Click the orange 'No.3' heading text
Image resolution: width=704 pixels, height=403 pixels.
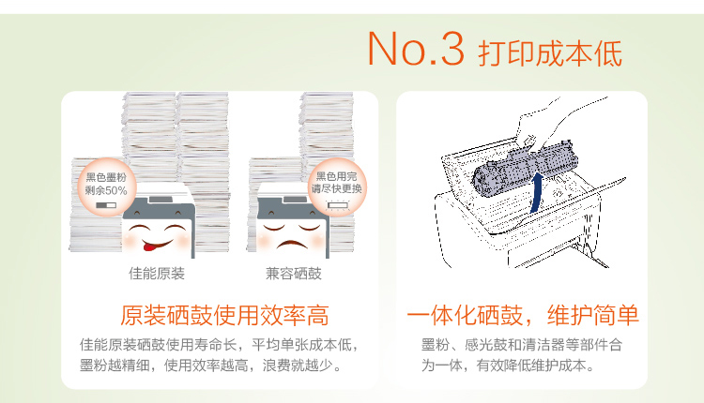coord(416,49)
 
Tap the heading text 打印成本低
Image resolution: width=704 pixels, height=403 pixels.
coord(550,53)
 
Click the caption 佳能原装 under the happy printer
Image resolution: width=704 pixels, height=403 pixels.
coord(157,274)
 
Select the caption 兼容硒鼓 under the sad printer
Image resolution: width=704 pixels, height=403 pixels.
coord(294,274)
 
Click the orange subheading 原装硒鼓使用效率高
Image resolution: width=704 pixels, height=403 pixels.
coord(224,315)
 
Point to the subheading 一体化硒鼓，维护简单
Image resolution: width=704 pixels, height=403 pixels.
coord(523,315)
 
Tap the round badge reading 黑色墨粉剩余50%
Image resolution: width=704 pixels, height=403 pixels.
coord(106,187)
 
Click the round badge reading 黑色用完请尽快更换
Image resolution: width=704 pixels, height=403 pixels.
coord(337,187)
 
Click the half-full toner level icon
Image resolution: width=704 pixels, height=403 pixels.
coord(106,205)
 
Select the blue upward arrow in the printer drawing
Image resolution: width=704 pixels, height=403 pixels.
coord(536,193)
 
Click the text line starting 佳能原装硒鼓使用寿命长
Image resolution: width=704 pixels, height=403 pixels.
coord(219,345)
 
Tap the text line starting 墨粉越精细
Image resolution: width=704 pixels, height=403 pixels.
coord(210,366)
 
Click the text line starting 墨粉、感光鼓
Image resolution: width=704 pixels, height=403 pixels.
coord(522,345)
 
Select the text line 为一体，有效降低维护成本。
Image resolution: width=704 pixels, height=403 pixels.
coord(508,366)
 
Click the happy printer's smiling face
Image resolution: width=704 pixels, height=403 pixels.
coord(158,237)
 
